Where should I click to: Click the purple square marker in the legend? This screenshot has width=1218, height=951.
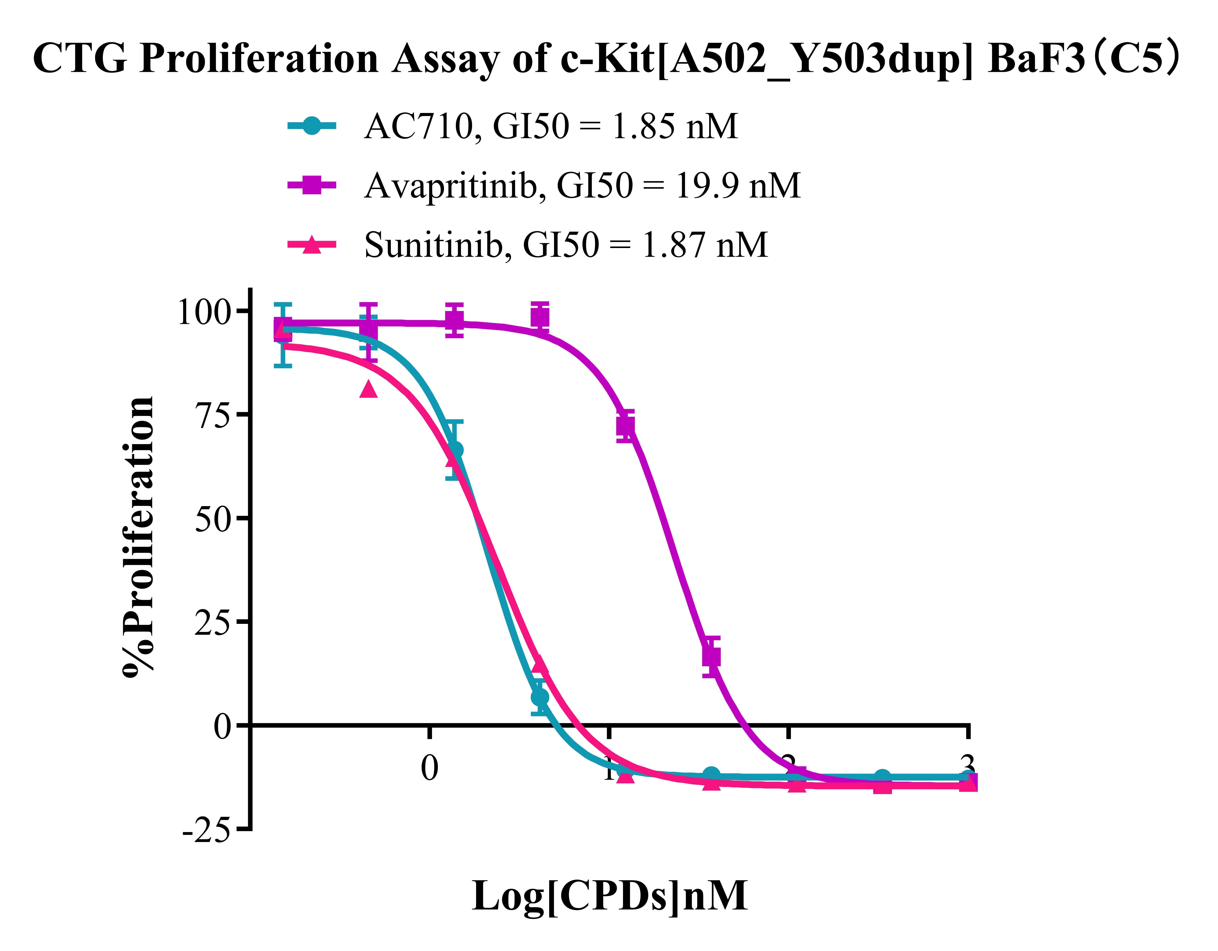[x=312, y=185]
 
